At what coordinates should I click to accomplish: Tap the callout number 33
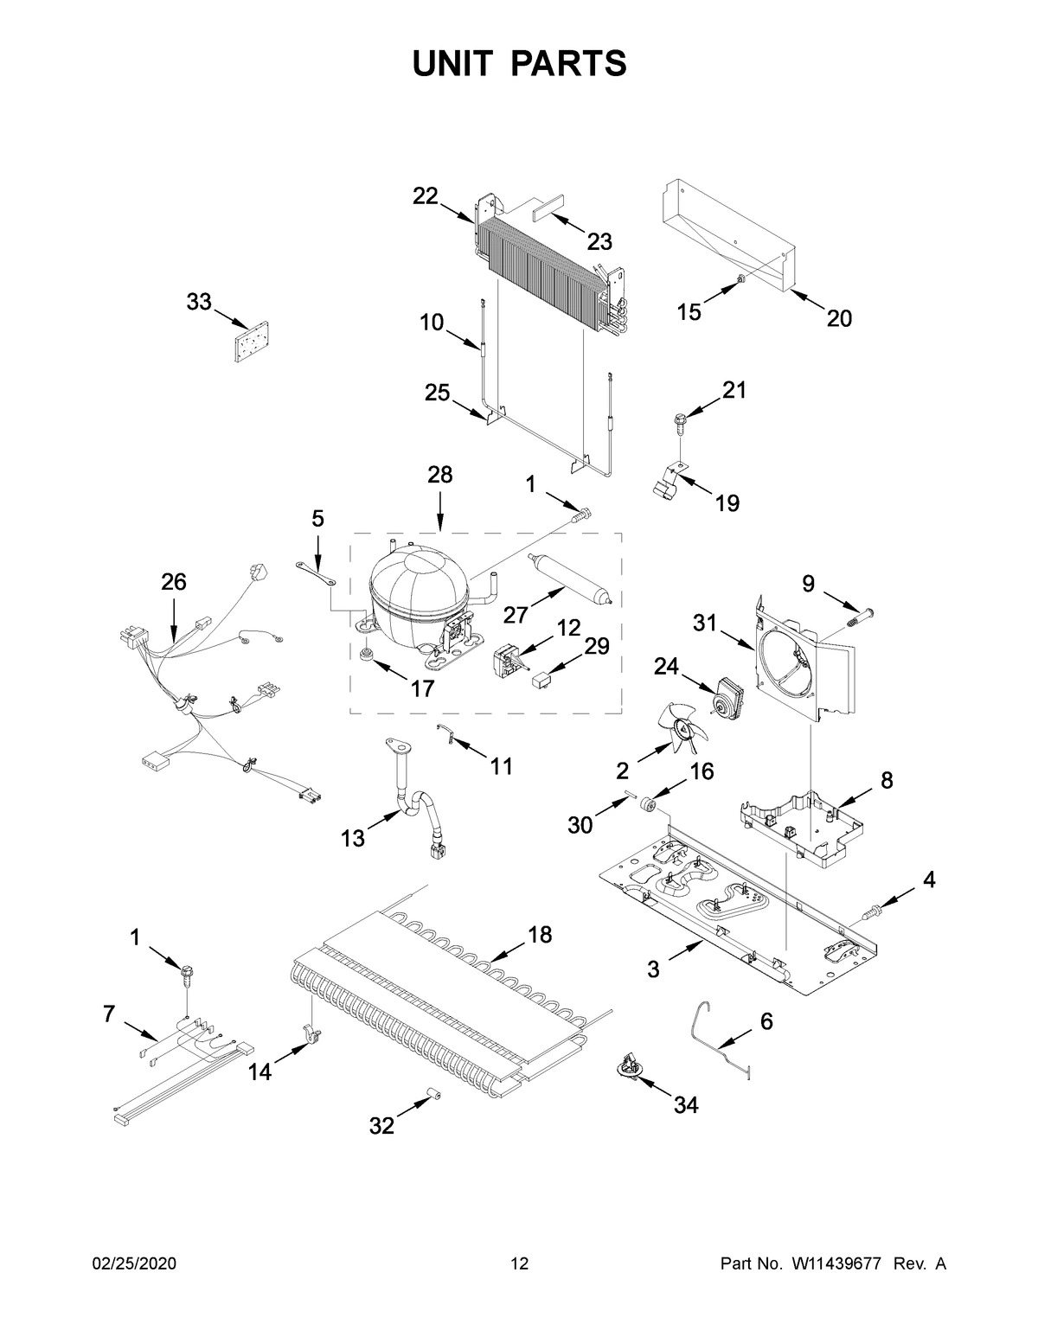(199, 302)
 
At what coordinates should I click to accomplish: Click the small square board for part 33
(250, 344)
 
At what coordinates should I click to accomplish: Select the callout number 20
(838, 319)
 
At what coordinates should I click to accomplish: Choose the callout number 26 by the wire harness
(173, 583)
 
